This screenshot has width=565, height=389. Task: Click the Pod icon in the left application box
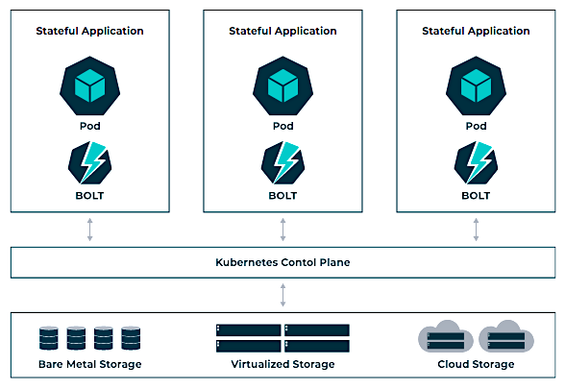89,86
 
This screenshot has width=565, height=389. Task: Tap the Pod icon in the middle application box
282,86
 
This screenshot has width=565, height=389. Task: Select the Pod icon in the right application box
476,86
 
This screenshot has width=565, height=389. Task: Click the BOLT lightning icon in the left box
89,163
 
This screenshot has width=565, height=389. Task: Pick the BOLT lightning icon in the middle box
282,163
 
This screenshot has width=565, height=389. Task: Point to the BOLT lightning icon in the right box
476,163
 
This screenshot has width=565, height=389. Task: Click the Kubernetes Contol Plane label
282,262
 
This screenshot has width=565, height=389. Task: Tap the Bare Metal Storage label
89,364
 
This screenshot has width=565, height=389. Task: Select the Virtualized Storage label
282,364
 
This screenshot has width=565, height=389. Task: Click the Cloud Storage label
476,364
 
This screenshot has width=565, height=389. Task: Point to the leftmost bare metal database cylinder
49,338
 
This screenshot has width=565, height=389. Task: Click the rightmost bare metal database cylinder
131,338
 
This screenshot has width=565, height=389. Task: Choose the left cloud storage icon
446,337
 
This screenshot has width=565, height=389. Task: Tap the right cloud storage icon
506,337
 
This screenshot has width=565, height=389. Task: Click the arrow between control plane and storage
282,295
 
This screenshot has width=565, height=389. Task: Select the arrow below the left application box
89,230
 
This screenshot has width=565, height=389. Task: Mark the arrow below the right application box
476,230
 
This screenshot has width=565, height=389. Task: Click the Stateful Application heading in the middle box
282,31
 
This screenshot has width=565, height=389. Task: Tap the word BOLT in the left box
89,196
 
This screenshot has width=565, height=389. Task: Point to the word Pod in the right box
476,126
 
